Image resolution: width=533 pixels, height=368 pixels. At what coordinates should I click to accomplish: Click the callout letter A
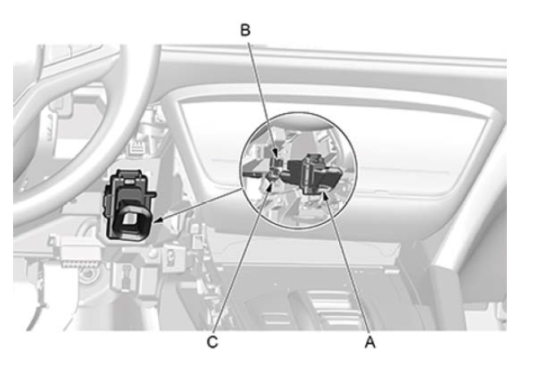coord(370,342)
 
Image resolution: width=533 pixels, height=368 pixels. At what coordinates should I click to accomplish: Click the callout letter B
coord(245,30)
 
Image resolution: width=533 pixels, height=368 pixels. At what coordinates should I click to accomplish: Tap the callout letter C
coord(213,342)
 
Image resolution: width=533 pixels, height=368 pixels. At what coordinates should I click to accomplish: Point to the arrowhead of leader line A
coord(324,195)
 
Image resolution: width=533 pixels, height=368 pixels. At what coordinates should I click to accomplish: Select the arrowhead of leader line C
coord(271,184)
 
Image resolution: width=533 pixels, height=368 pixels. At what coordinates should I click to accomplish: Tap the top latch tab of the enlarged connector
coord(129,174)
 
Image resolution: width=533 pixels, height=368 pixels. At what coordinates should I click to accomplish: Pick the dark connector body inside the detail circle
coord(311,173)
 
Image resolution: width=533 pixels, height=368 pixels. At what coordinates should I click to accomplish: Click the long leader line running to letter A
coord(346,265)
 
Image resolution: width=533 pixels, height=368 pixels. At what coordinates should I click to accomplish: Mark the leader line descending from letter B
coord(262,99)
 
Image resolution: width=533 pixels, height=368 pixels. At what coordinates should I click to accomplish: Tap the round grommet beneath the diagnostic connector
coord(90,274)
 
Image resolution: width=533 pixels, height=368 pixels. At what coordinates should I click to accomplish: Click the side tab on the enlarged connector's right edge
coord(152,195)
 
